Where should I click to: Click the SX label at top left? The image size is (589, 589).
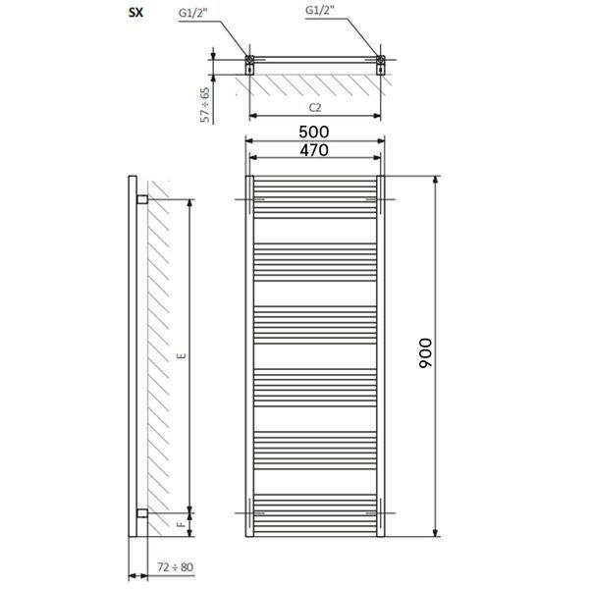[135, 13]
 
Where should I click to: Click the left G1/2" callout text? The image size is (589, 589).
[192, 13]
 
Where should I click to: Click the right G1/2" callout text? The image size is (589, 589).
[320, 10]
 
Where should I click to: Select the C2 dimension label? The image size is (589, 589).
[315, 108]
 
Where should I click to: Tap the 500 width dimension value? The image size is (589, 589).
[314, 132]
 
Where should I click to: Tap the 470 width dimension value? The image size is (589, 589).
[314, 150]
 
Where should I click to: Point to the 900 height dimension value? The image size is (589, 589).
[426, 353]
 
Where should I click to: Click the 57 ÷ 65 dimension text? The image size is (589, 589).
[205, 105]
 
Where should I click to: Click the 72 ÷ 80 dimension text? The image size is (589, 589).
[175, 566]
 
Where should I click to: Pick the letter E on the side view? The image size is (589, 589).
[182, 355]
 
